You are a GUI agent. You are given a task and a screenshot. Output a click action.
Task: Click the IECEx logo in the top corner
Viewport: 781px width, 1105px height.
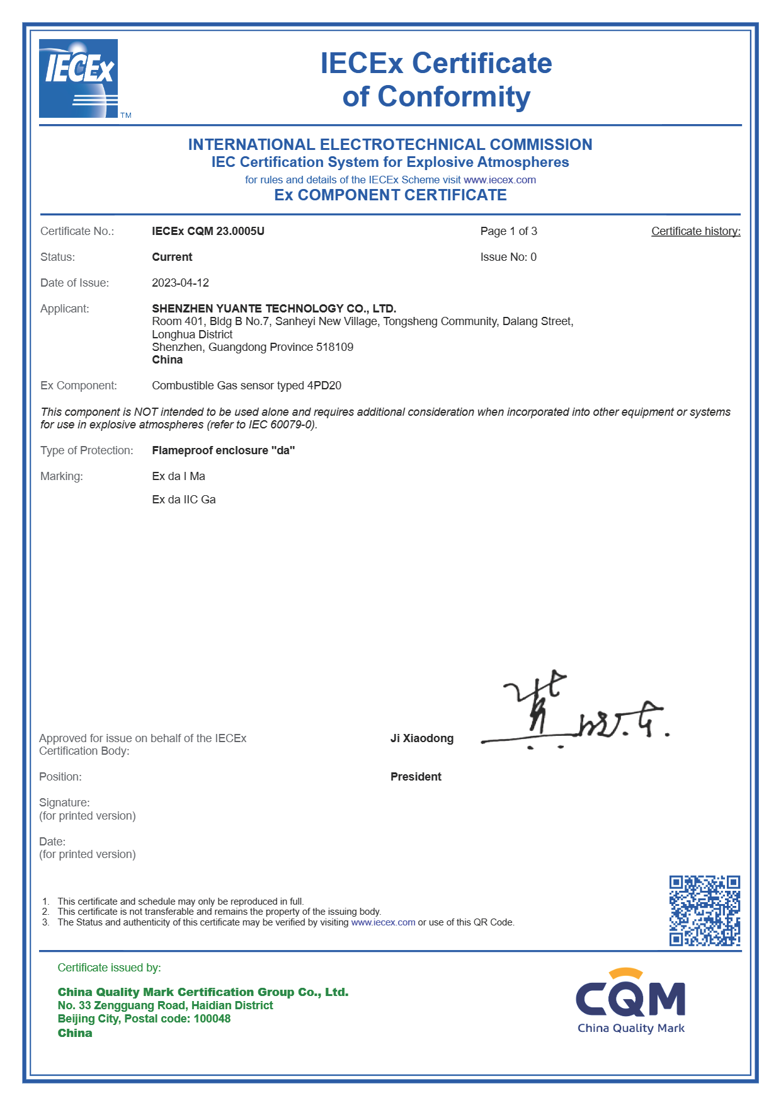[x=79, y=79]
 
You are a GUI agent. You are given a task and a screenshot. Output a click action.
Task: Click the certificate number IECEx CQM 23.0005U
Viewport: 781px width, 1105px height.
[x=208, y=231]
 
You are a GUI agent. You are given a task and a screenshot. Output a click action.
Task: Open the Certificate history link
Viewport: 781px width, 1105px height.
[x=695, y=231]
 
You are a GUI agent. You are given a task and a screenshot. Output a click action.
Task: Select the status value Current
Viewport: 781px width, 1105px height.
[x=172, y=257]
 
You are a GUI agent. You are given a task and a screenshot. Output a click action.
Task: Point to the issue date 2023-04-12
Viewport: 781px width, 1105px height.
[x=180, y=283]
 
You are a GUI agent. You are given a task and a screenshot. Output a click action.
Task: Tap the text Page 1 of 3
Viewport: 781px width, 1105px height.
[x=508, y=231]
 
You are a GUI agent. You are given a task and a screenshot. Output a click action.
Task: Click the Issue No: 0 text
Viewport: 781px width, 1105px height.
[x=508, y=257]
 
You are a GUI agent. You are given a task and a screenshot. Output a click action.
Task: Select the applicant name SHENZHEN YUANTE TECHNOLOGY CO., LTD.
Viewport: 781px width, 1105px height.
[x=274, y=309]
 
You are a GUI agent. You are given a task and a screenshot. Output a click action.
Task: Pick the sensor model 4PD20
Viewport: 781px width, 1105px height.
[x=324, y=386]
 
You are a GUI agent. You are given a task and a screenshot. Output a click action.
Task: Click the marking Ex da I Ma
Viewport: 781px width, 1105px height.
[x=178, y=476]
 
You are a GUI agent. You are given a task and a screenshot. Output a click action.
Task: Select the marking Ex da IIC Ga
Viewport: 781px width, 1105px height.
[x=184, y=500]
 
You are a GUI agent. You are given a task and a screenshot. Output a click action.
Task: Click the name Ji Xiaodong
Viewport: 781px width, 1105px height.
[x=421, y=738]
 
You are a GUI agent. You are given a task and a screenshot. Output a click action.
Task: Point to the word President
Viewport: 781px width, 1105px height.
[x=416, y=777]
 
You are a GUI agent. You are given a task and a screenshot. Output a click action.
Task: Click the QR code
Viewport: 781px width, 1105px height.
[x=704, y=910]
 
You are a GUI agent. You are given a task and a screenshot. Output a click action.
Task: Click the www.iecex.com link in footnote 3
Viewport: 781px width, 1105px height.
[x=383, y=922]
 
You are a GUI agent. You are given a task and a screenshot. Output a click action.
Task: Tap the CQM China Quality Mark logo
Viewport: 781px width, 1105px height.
[x=630, y=1002]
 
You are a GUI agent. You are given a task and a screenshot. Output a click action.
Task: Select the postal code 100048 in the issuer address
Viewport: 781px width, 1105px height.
[x=212, y=1019]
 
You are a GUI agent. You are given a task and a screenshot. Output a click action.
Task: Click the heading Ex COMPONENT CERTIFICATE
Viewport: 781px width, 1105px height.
[x=390, y=195]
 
